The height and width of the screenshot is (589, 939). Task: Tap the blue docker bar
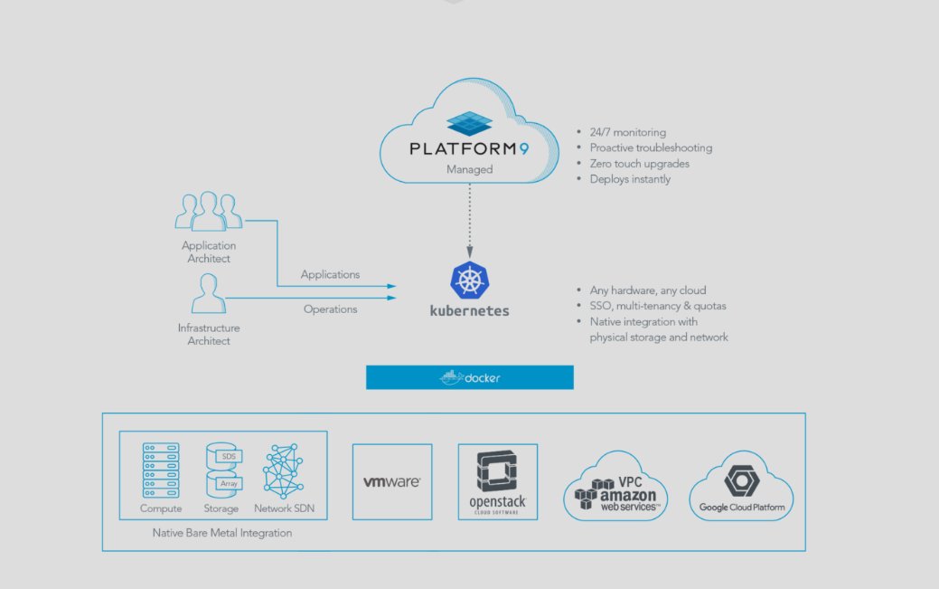(469, 377)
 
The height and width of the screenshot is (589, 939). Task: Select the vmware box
(391, 481)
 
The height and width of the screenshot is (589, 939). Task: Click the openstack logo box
(497, 481)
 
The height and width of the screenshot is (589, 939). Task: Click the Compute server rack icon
(161, 470)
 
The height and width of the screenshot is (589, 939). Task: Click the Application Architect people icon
(208, 211)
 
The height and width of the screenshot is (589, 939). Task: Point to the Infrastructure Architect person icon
(208, 294)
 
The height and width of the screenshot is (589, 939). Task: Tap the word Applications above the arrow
(330, 274)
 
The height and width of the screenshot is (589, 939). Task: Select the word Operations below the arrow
(330, 309)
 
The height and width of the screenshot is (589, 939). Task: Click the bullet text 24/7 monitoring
(628, 131)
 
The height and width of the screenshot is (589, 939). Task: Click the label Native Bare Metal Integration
(222, 533)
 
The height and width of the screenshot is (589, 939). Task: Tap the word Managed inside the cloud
(469, 169)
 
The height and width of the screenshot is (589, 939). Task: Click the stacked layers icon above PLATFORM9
(469, 123)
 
